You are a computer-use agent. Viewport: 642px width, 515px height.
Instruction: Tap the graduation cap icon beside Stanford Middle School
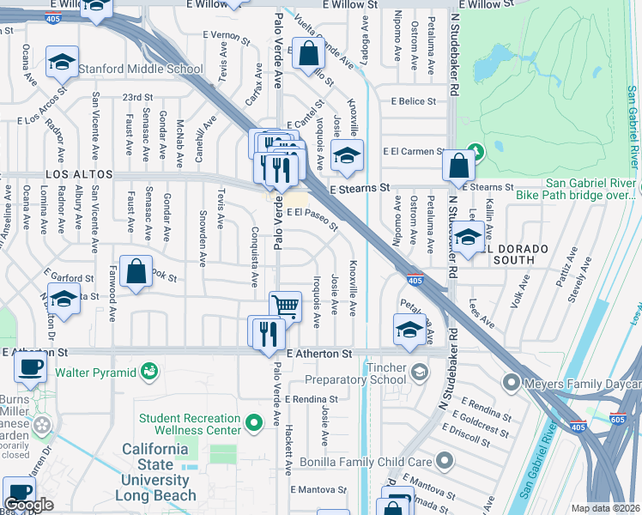[60, 62]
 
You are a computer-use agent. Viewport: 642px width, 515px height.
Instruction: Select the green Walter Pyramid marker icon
[150, 371]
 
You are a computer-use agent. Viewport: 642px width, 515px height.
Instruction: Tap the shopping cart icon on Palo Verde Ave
[285, 306]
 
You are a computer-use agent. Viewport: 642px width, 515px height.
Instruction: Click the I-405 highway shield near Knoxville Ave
[415, 280]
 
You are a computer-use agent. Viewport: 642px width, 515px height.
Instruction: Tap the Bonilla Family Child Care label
[366, 462]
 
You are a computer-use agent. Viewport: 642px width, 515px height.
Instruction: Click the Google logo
[28, 505]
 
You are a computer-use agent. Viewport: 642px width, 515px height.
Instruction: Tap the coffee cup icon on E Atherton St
[31, 367]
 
